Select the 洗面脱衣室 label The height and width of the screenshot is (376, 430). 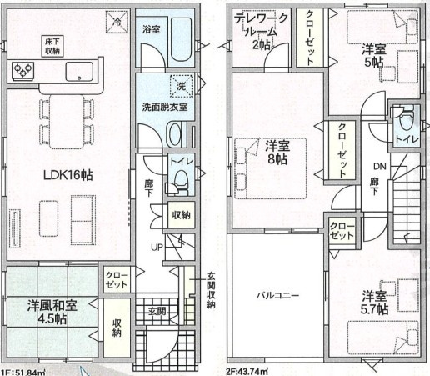[x=163, y=106]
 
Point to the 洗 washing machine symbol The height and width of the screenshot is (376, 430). [x=180, y=84]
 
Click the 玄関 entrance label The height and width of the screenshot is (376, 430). [x=157, y=312]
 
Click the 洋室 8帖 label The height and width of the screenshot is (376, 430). [x=277, y=153]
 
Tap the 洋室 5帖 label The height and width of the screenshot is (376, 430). [x=372, y=55]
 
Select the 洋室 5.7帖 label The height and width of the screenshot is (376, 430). [x=375, y=303]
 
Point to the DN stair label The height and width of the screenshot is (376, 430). [x=377, y=166]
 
